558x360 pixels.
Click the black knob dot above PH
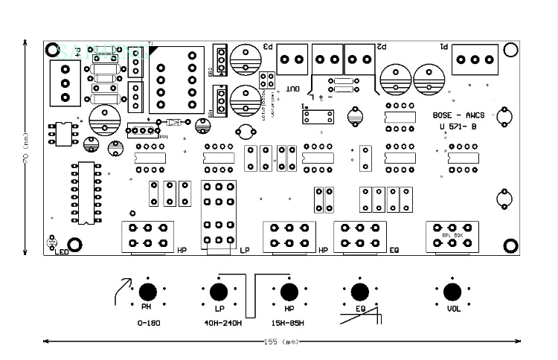tap(148, 291)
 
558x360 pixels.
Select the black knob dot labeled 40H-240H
tap(219, 291)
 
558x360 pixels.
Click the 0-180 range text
tap(149, 323)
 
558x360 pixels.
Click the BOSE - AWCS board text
tap(458, 115)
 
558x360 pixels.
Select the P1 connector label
tap(444, 47)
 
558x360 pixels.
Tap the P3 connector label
tap(269, 47)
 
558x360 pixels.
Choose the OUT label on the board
tap(292, 89)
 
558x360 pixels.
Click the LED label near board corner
tap(62, 251)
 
